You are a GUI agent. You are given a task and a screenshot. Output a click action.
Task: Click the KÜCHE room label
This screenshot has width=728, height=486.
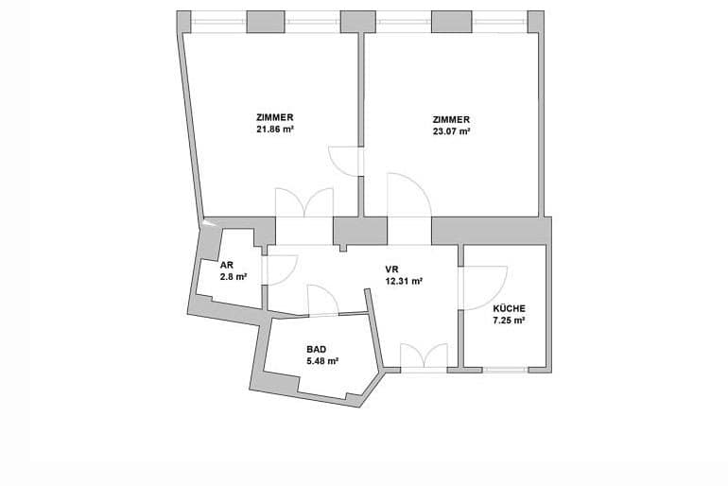click(x=509, y=308)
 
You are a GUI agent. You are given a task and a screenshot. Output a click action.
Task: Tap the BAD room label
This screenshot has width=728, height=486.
click(x=316, y=349)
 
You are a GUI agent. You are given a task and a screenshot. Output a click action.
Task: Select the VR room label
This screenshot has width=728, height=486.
click(x=391, y=269)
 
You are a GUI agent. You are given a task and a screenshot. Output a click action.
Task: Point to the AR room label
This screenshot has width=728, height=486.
click(x=227, y=265)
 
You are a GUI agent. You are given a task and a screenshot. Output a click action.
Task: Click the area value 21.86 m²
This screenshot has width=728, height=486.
click(x=275, y=130)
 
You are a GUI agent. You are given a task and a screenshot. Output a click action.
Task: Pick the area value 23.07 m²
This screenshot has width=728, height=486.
click(x=451, y=131)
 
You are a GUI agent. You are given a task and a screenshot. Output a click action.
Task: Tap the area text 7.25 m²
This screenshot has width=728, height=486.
click(x=509, y=321)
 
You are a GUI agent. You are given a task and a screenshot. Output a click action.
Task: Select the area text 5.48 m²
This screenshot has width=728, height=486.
click(x=321, y=360)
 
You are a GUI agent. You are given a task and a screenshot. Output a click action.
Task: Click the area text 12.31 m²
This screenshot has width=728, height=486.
click(x=404, y=281)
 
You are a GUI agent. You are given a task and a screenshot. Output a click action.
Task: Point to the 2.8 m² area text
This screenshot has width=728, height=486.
click(x=234, y=277)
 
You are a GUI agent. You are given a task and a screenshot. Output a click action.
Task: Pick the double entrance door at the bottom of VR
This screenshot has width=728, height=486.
click(x=424, y=357)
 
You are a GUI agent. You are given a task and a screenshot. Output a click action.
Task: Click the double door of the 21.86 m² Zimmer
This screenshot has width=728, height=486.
click(x=304, y=202)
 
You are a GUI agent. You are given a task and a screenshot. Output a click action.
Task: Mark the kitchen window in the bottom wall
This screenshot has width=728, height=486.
click(x=505, y=370)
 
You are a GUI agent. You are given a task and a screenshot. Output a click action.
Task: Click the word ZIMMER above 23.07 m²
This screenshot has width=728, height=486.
click(x=451, y=119)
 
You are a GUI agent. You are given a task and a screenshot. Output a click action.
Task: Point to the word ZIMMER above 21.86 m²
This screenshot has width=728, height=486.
click(x=275, y=117)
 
